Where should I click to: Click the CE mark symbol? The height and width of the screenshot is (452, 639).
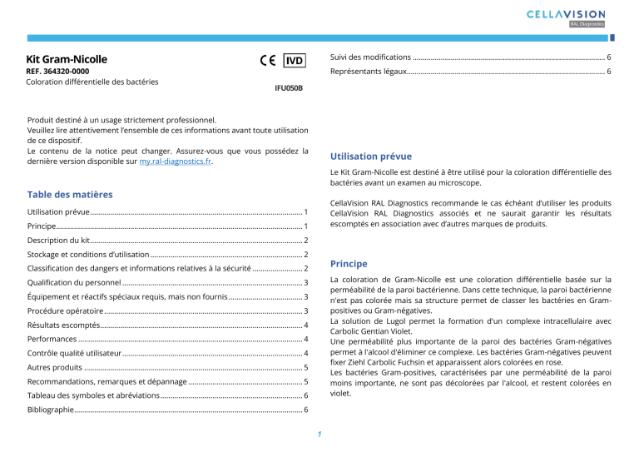[268, 60]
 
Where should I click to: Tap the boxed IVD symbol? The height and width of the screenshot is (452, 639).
[294, 60]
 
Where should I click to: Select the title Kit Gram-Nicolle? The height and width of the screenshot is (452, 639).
[67, 60]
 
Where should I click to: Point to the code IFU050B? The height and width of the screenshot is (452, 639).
[289, 87]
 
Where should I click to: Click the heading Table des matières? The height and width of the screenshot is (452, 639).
[70, 195]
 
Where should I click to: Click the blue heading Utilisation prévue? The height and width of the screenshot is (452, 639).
[370, 156]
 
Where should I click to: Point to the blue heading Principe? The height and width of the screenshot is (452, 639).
[349, 264]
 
